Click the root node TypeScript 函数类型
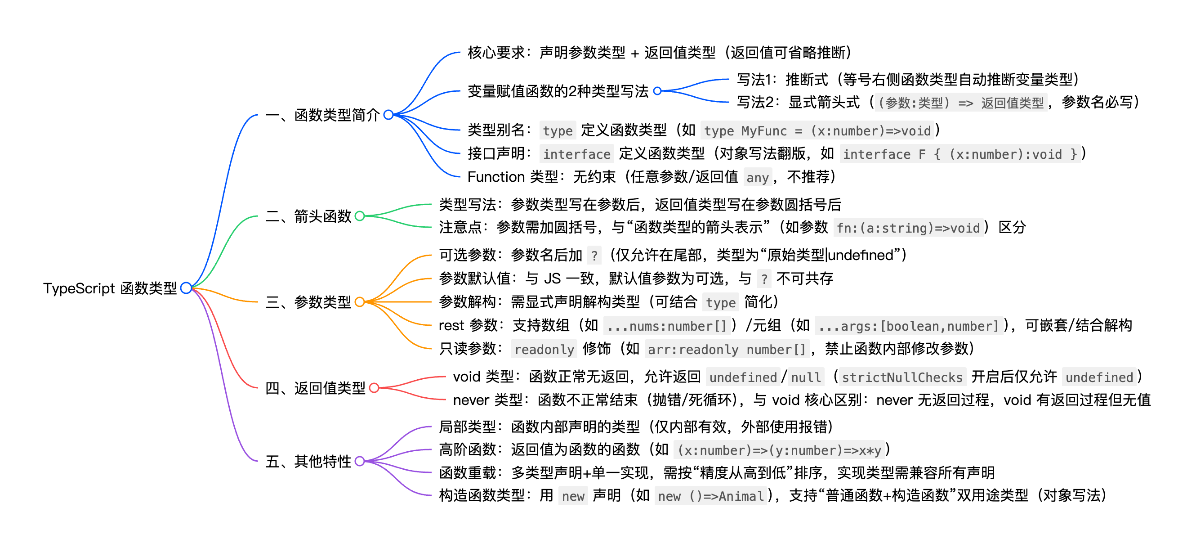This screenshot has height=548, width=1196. tap(110, 288)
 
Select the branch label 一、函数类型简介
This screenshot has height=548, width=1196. tap(322, 115)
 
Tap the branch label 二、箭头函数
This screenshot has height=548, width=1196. tap(308, 216)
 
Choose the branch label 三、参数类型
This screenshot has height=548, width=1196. tap(308, 302)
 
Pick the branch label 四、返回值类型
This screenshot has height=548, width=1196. tap(315, 388)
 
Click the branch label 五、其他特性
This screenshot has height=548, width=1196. tap(308, 461)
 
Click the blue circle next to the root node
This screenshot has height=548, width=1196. tap(186, 288)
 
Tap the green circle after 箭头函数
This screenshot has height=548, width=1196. tap(359, 216)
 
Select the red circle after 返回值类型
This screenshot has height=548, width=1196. tap(374, 388)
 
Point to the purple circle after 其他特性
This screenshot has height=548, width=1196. tap(359, 461)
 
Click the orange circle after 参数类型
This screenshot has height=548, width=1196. tap(359, 302)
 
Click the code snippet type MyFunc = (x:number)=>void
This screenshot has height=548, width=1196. tap(817, 131)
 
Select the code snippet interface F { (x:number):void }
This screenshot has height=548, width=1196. tap(959, 154)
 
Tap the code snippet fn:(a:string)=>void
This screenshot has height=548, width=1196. tap(908, 228)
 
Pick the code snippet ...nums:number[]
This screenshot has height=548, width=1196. tap(666, 326)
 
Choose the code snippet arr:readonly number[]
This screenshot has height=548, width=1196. tap(726, 349)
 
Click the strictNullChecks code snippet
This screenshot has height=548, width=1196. tap(901, 377)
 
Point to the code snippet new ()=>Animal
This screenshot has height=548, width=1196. tap(710, 496)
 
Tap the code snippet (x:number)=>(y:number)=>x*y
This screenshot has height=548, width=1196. tap(779, 450)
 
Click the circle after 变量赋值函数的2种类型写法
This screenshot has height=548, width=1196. tap(657, 91)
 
